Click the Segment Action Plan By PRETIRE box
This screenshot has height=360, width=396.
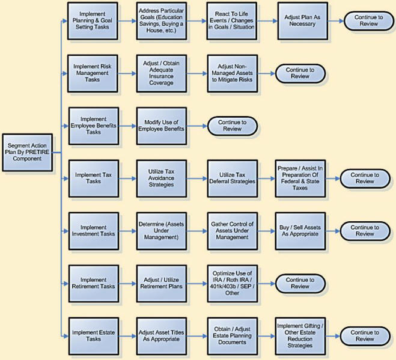pos(27,152)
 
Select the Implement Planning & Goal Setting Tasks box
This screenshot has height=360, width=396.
pos(93,20)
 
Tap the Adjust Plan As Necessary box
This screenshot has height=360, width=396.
pos(302,20)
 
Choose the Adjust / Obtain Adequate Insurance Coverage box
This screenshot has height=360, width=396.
pos(162,73)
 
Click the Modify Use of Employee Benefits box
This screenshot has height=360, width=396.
pos(162,126)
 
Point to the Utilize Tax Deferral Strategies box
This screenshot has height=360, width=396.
pos(233,178)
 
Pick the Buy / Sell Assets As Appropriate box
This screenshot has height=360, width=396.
pos(300,231)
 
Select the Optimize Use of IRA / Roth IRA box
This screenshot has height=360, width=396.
pos(233,284)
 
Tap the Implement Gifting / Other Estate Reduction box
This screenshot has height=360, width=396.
pos(300,336)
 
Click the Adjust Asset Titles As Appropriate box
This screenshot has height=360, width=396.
pos(162,336)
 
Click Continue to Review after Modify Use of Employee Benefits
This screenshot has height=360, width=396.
pos(233,126)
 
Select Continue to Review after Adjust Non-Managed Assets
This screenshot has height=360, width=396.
pos(300,73)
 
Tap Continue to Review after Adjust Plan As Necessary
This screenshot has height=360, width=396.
pos(369,20)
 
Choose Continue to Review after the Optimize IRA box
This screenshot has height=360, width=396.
pos(300,283)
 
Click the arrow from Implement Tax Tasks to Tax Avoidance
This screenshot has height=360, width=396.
pos(127,178)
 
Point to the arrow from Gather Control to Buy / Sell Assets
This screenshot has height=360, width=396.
pos(266,231)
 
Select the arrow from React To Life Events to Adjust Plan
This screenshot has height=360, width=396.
pos(267,21)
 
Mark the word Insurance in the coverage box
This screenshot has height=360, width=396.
pos(161,76)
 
